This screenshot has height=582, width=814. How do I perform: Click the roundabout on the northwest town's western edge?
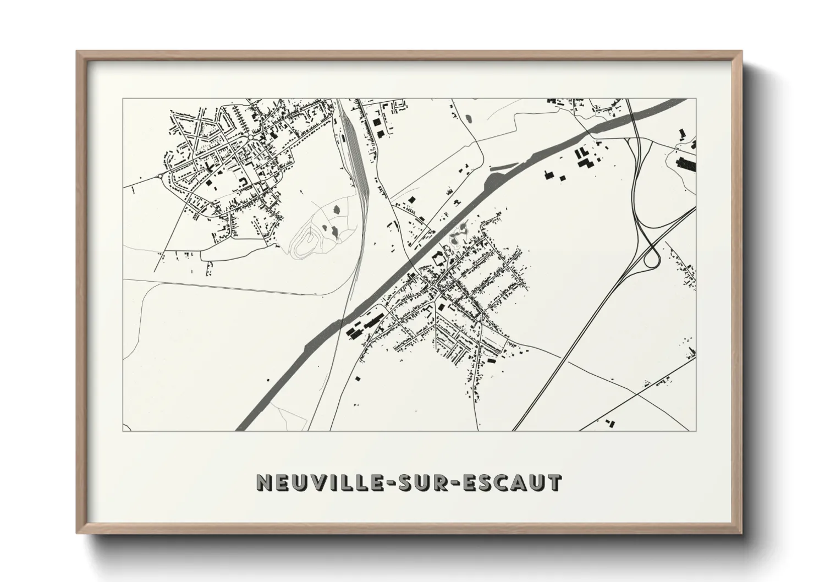[x=160, y=176]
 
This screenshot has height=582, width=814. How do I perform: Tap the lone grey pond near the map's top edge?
[x=469, y=118]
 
